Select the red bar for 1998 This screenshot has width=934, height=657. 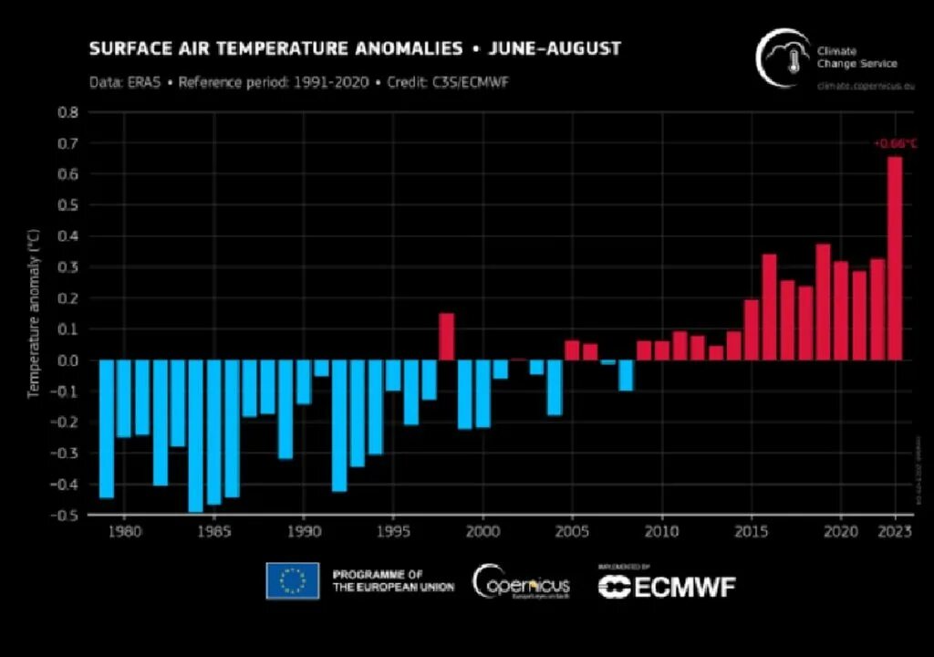pyautogui.click(x=446, y=337)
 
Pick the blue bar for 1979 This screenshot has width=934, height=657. pyautogui.click(x=107, y=429)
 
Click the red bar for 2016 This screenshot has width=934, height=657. pyautogui.click(x=769, y=308)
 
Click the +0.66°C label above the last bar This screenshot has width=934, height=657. pyautogui.click(x=895, y=143)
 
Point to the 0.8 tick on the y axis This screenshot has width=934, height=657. pyautogui.click(x=68, y=112)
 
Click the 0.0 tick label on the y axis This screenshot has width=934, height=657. pyautogui.click(x=68, y=360)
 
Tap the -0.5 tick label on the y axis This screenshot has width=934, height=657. pyautogui.click(x=67, y=515)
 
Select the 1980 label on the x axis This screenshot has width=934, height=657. pyautogui.click(x=124, y=531)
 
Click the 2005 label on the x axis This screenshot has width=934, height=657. pyautogui.click(x=572, y=531)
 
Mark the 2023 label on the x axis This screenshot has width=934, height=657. pyautogui.click(x=896, y=531)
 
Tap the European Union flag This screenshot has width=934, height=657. pyautogui.click(x=293, y=581)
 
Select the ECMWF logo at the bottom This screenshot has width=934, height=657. pyautogui.click(x=667, y=586)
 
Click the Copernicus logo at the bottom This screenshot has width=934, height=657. pyautogui.click(x=521, y=581)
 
